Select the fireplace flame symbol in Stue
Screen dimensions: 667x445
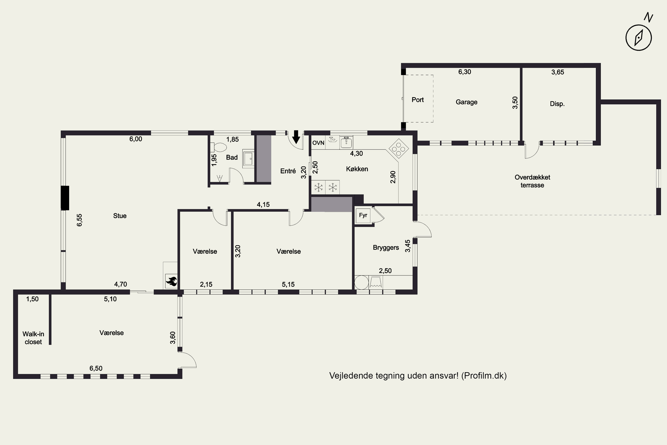[171, 281]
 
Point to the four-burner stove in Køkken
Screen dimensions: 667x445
[399, 148]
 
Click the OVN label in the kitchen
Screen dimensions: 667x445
[318, 143]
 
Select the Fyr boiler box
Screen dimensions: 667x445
[363, 215]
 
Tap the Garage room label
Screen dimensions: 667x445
[466, 102]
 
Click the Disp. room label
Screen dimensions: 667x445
[557, 104]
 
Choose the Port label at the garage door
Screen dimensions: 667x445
[418, 100]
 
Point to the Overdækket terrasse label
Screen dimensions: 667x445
[532, 181]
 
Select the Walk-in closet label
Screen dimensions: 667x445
[33, 338]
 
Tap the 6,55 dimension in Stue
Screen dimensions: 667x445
[79, 220]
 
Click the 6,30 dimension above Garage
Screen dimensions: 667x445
[464, 72]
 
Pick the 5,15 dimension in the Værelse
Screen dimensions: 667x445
[288, 284]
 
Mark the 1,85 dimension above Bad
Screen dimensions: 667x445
[232, 139]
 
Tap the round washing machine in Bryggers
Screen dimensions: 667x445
[362, 283]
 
